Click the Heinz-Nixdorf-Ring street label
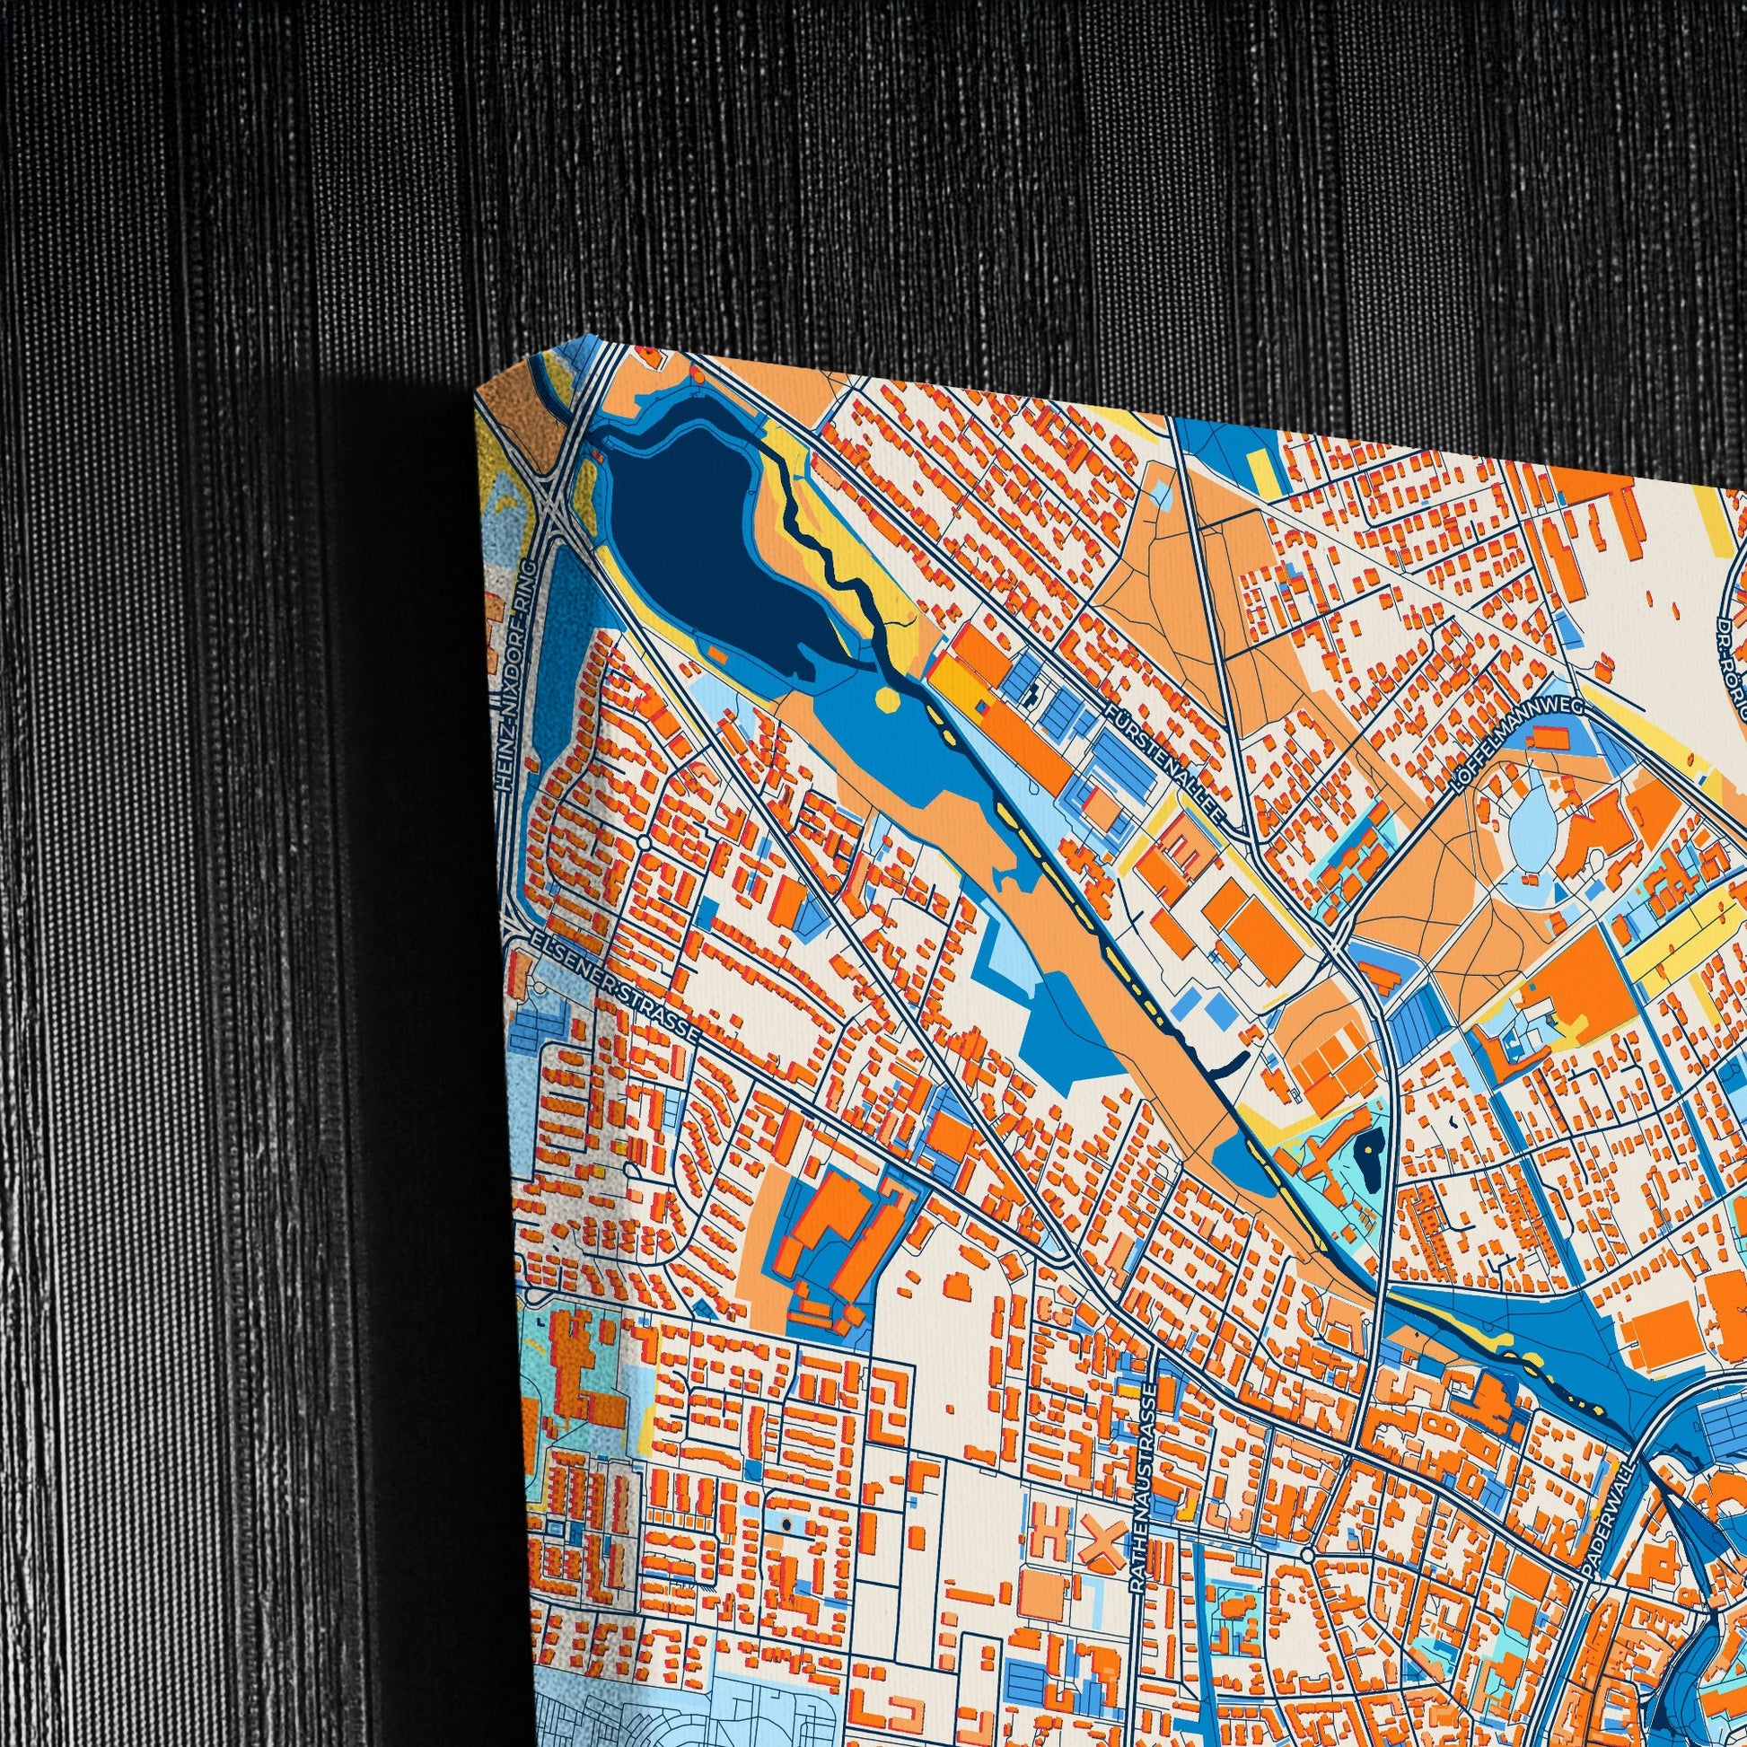(x=516, y=678)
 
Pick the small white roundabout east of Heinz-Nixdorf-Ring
(x=644, y=842)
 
